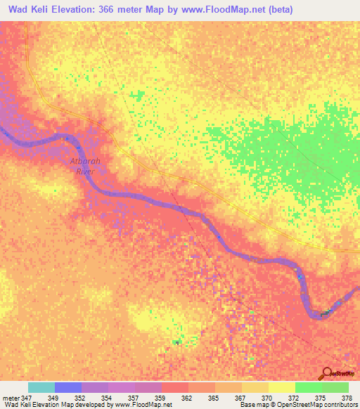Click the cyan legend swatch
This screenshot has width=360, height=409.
coord(41,387)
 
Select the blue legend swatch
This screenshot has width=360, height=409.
coord(68,387)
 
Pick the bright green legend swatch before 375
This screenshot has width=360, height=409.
coord(308,387)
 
